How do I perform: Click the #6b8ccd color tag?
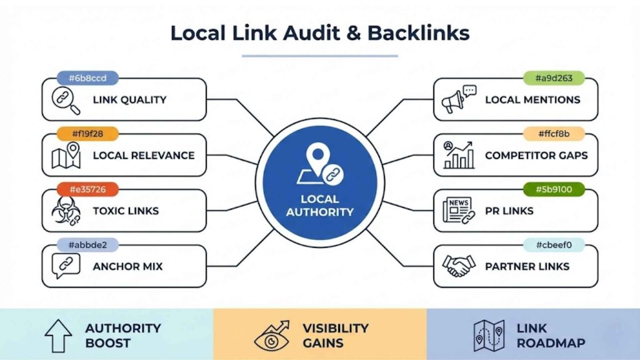(87, 79)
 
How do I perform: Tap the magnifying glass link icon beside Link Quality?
(66, 100)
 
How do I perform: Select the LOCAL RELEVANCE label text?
(143, 156)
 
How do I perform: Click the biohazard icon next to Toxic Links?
(66, 211)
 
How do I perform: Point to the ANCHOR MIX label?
(127, 266)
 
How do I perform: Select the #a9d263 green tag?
(554, 79)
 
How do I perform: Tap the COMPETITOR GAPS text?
(536, 156)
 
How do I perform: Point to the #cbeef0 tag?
(554, 245)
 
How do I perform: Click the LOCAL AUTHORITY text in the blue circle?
(320, 206)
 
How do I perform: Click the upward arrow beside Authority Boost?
(58, 336)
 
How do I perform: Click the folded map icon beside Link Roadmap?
(489, 336)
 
